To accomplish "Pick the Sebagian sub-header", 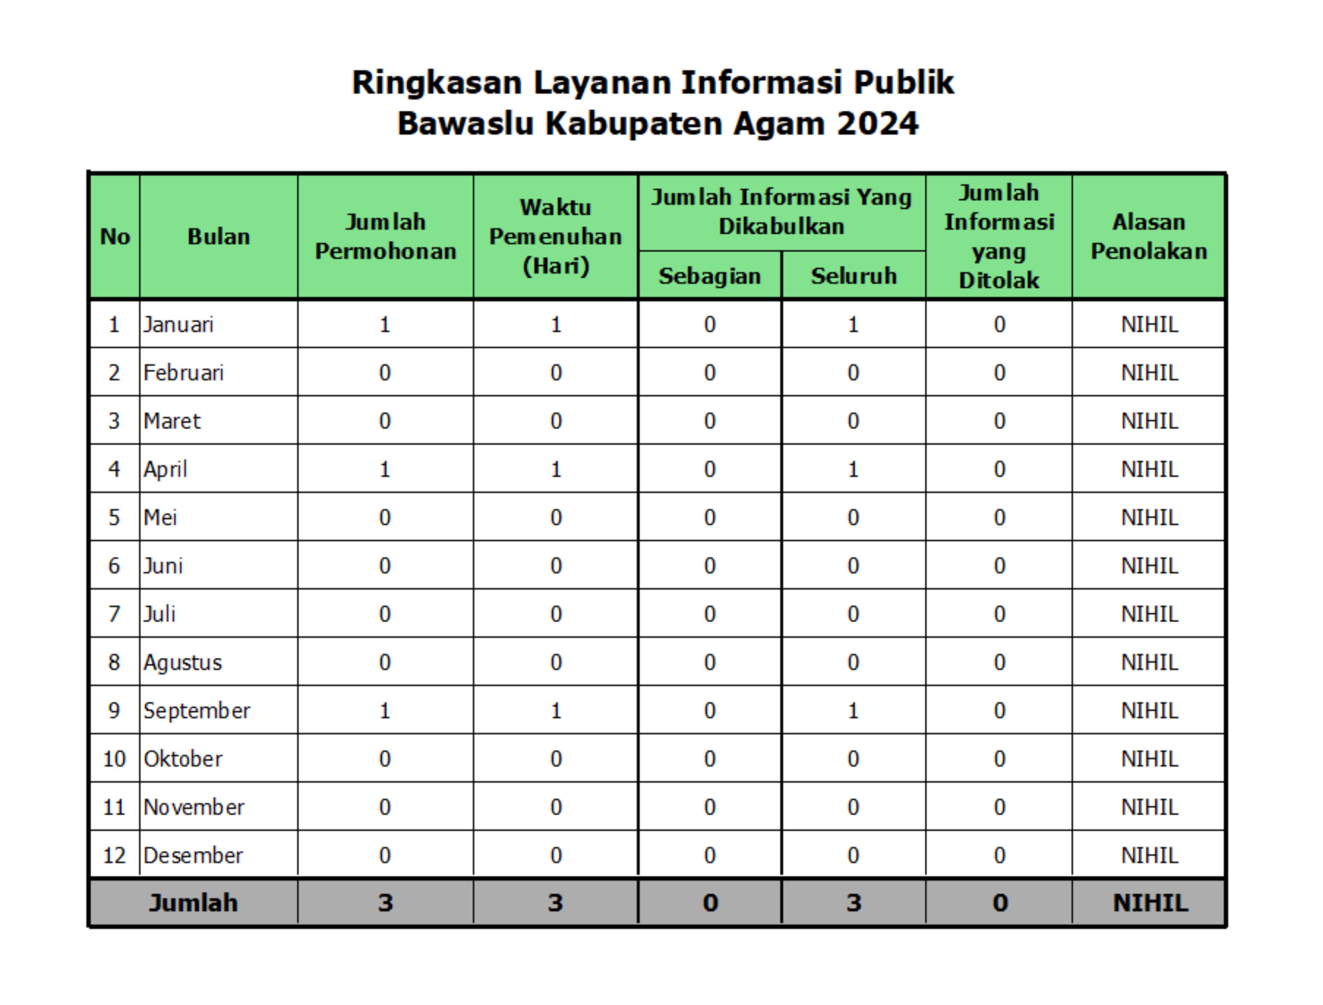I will tap(710, 276).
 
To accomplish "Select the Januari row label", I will tap(178, 325).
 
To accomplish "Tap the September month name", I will tap(196, 711).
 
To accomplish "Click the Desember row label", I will tap(193, 855).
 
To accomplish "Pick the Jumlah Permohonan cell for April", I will tap(385, 469).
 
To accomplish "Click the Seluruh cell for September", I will tap(853, 711).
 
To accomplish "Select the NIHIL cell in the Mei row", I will tap(1149, 518).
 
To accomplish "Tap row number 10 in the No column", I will tap(114, 759).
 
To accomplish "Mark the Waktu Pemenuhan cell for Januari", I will tap(556, 325).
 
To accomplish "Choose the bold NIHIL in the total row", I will tap(1149, 903).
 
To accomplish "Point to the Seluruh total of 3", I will tap(853, 903).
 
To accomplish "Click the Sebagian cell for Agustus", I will tap(710, 662).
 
